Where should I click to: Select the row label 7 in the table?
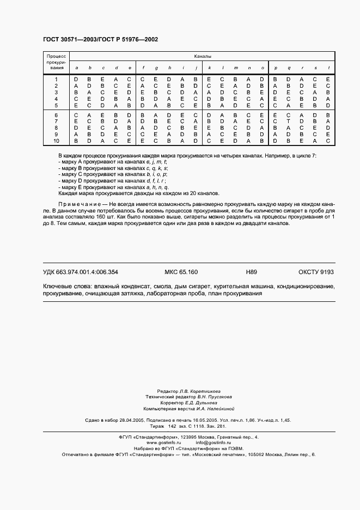click(x=56, y=122)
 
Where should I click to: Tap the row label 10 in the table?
click(x=56, y=140)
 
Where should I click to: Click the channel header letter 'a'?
click(x=76, y=68)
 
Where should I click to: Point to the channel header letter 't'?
click(x=328, y=68)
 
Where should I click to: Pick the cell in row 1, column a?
click(x=76, y=80)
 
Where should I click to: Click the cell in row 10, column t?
click(x=328, y=140)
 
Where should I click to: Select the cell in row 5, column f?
click(x=142, y=105)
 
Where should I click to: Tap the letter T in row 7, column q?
click(x=289, y=122)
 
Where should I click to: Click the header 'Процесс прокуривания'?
click(x=56, y=62)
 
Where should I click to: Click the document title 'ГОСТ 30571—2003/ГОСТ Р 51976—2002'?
click(x=100, y=40)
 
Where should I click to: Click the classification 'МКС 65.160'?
click(x=181, y=272)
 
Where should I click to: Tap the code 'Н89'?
click(x=252, y=272)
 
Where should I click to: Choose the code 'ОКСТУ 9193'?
click(x=316, y=272)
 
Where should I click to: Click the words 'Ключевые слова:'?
click(x=67, y=286)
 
